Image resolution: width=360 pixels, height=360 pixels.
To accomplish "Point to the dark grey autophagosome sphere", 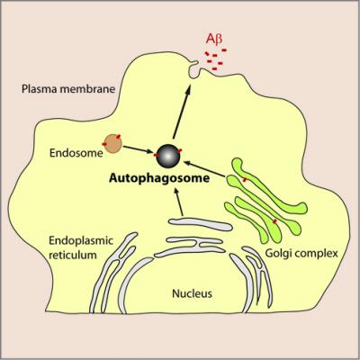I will pos(166,155).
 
